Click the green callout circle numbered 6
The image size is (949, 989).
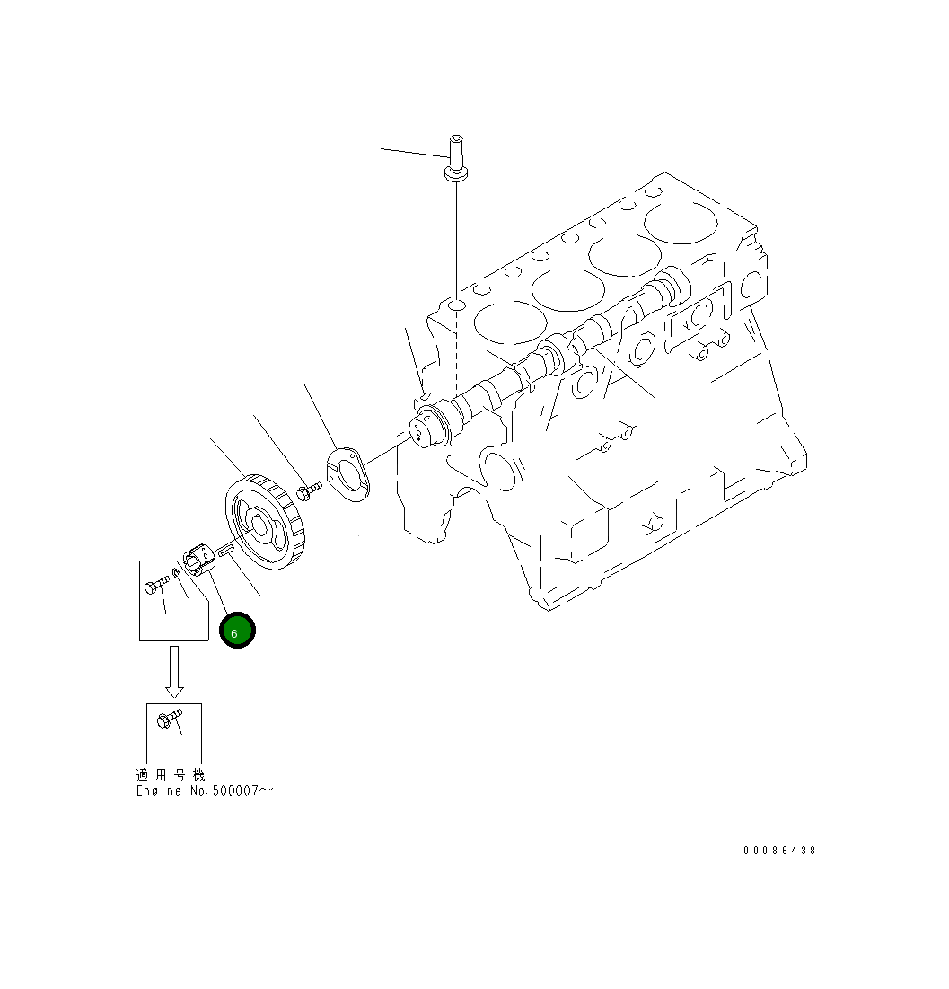pos(238,630)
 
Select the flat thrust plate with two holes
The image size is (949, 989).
pos(347,473)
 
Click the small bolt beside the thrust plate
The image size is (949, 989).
pos(308,490)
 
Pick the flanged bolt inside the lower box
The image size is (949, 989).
pos(168,720)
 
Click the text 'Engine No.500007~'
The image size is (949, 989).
pos(204,790)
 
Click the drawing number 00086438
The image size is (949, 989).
pos(779,850)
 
